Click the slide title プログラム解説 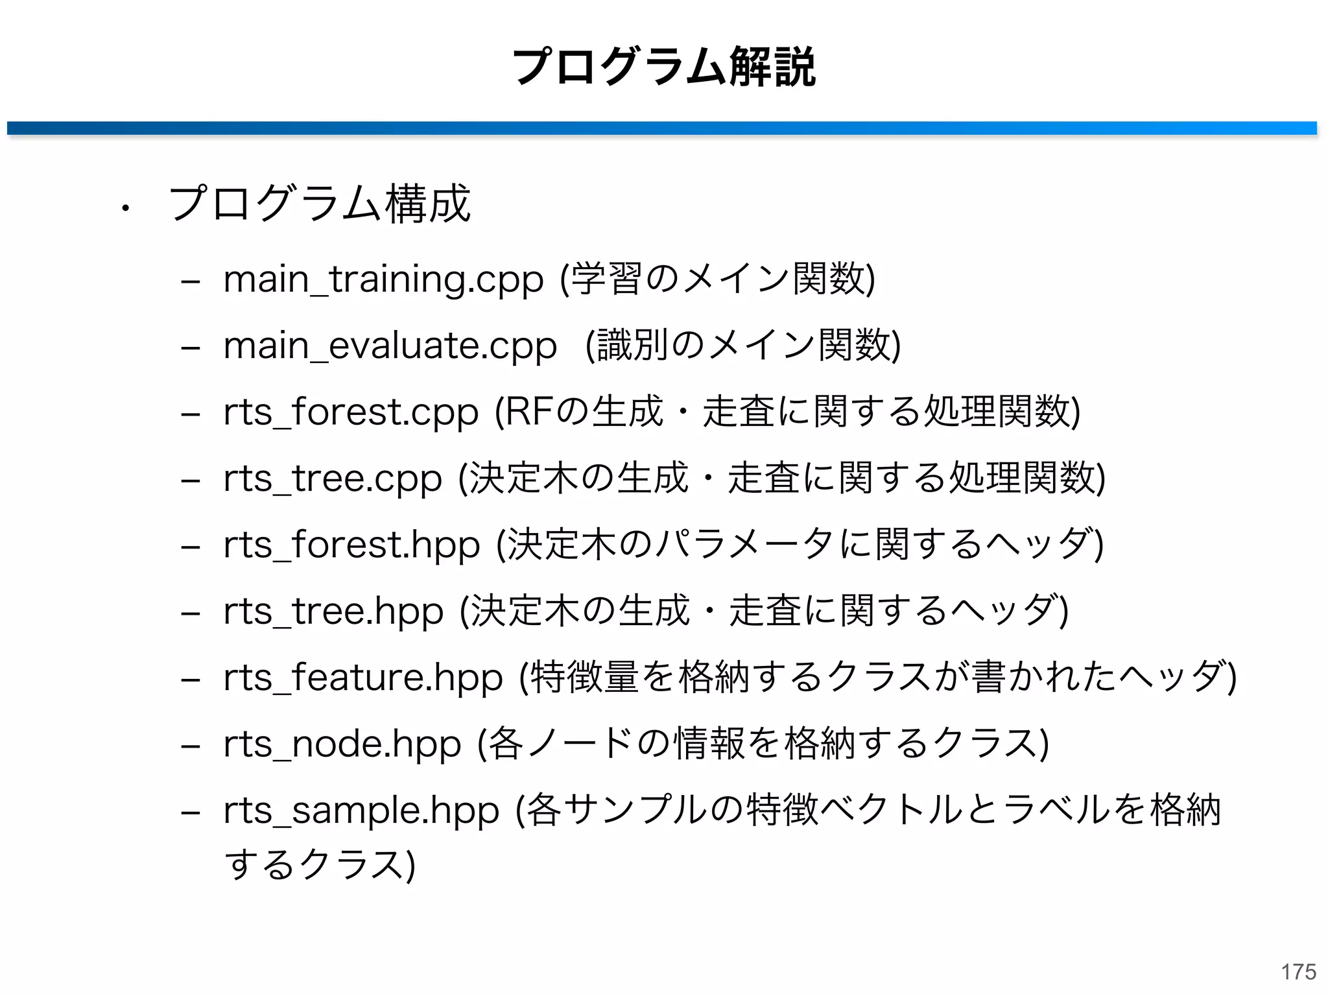click(x=663, y=67)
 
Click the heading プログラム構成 click(x=319, y=204)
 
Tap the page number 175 click(x=1298, y=971)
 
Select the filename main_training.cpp click(x=383, y=279)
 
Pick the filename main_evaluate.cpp click(x=390, y=346)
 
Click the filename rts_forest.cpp click(x=351, y=412)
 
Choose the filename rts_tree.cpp click(x=333, y=479)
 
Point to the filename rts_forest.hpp click(x=351, y=545)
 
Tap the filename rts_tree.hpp click(x=333, y=611)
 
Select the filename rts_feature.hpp click(x=363, y=678)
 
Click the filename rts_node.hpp click(x=342, y=744)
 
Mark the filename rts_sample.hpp click(x=361, y=811)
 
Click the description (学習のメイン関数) click(x=718, y=279)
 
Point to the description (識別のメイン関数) click(x=743, y=346)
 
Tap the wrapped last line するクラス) click(x=320, y=865)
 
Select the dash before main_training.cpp click(x=190, y=283)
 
